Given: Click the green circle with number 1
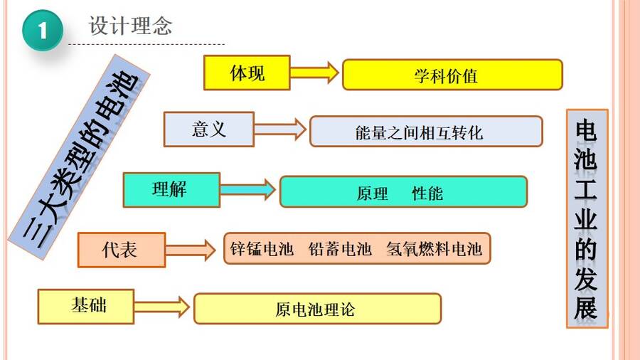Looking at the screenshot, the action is (43, 31).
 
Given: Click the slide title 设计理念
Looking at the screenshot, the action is (131, 26).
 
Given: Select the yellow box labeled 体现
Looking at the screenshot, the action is (247, 73).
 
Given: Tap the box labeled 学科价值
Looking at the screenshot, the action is (453, 75).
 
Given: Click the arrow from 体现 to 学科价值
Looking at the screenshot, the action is (314, 73).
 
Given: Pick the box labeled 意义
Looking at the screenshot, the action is (209, 129).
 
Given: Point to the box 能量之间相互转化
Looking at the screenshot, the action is (426, 132).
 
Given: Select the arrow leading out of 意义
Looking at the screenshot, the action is (280, 129).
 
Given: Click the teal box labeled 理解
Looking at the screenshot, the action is (172, 190).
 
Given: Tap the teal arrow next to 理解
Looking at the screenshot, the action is (247, 190).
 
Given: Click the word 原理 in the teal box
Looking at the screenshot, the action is (372, 194).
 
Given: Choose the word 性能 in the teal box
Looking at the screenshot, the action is (427, 193).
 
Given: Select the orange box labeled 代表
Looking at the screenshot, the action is (122, 250).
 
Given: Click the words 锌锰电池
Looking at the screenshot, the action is (262, 248).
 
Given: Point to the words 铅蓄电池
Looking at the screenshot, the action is (340, 248).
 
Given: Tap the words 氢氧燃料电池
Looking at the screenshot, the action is (434, 248).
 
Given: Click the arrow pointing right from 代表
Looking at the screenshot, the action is (191, 250).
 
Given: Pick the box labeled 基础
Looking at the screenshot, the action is (86, 307).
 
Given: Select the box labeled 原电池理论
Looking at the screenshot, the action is (318, 309).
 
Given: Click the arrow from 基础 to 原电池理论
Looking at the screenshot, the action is (161, 307).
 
